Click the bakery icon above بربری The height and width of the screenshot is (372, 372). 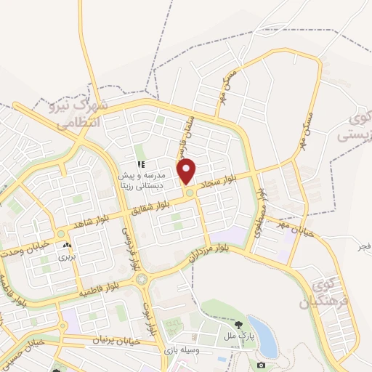coord(67,246)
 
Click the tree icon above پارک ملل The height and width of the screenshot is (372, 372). coord(239,324)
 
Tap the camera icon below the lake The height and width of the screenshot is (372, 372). coord(261,365)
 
